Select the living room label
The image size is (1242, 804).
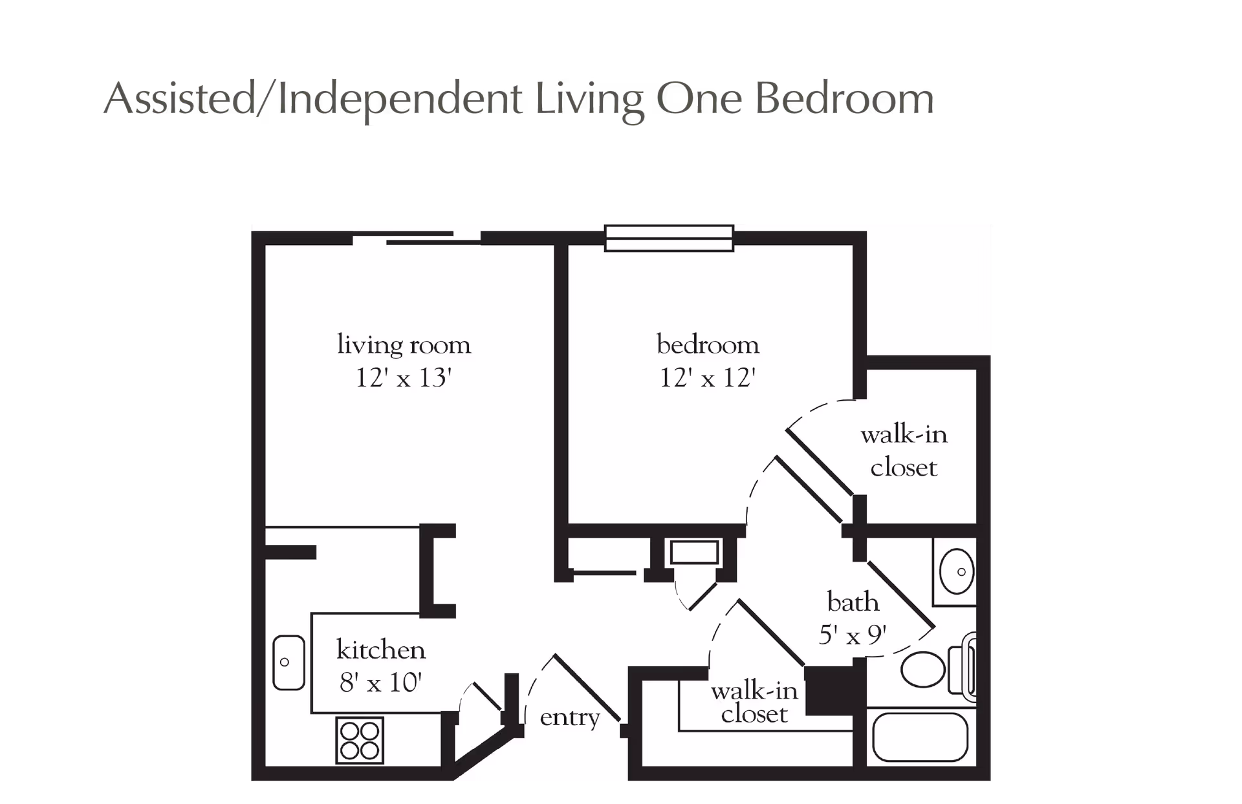[404, 344]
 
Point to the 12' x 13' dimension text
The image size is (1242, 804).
[403, 377]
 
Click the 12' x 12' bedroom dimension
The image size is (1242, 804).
[708, 377]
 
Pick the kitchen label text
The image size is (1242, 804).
[381, 650]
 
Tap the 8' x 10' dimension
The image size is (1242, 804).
[380, 682]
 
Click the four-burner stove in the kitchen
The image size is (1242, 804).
[360, 740]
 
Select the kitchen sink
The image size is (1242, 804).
[289, 662]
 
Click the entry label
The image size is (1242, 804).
[570, 717]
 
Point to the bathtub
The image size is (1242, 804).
[920, 737]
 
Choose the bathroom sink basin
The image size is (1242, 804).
[957, 572]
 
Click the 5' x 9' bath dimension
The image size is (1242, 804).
[853, 635]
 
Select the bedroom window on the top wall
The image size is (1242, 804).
[669, 238]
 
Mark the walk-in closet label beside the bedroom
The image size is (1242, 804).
[904, 450]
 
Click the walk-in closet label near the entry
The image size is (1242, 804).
[754, 703]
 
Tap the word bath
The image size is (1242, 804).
[853, 602]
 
